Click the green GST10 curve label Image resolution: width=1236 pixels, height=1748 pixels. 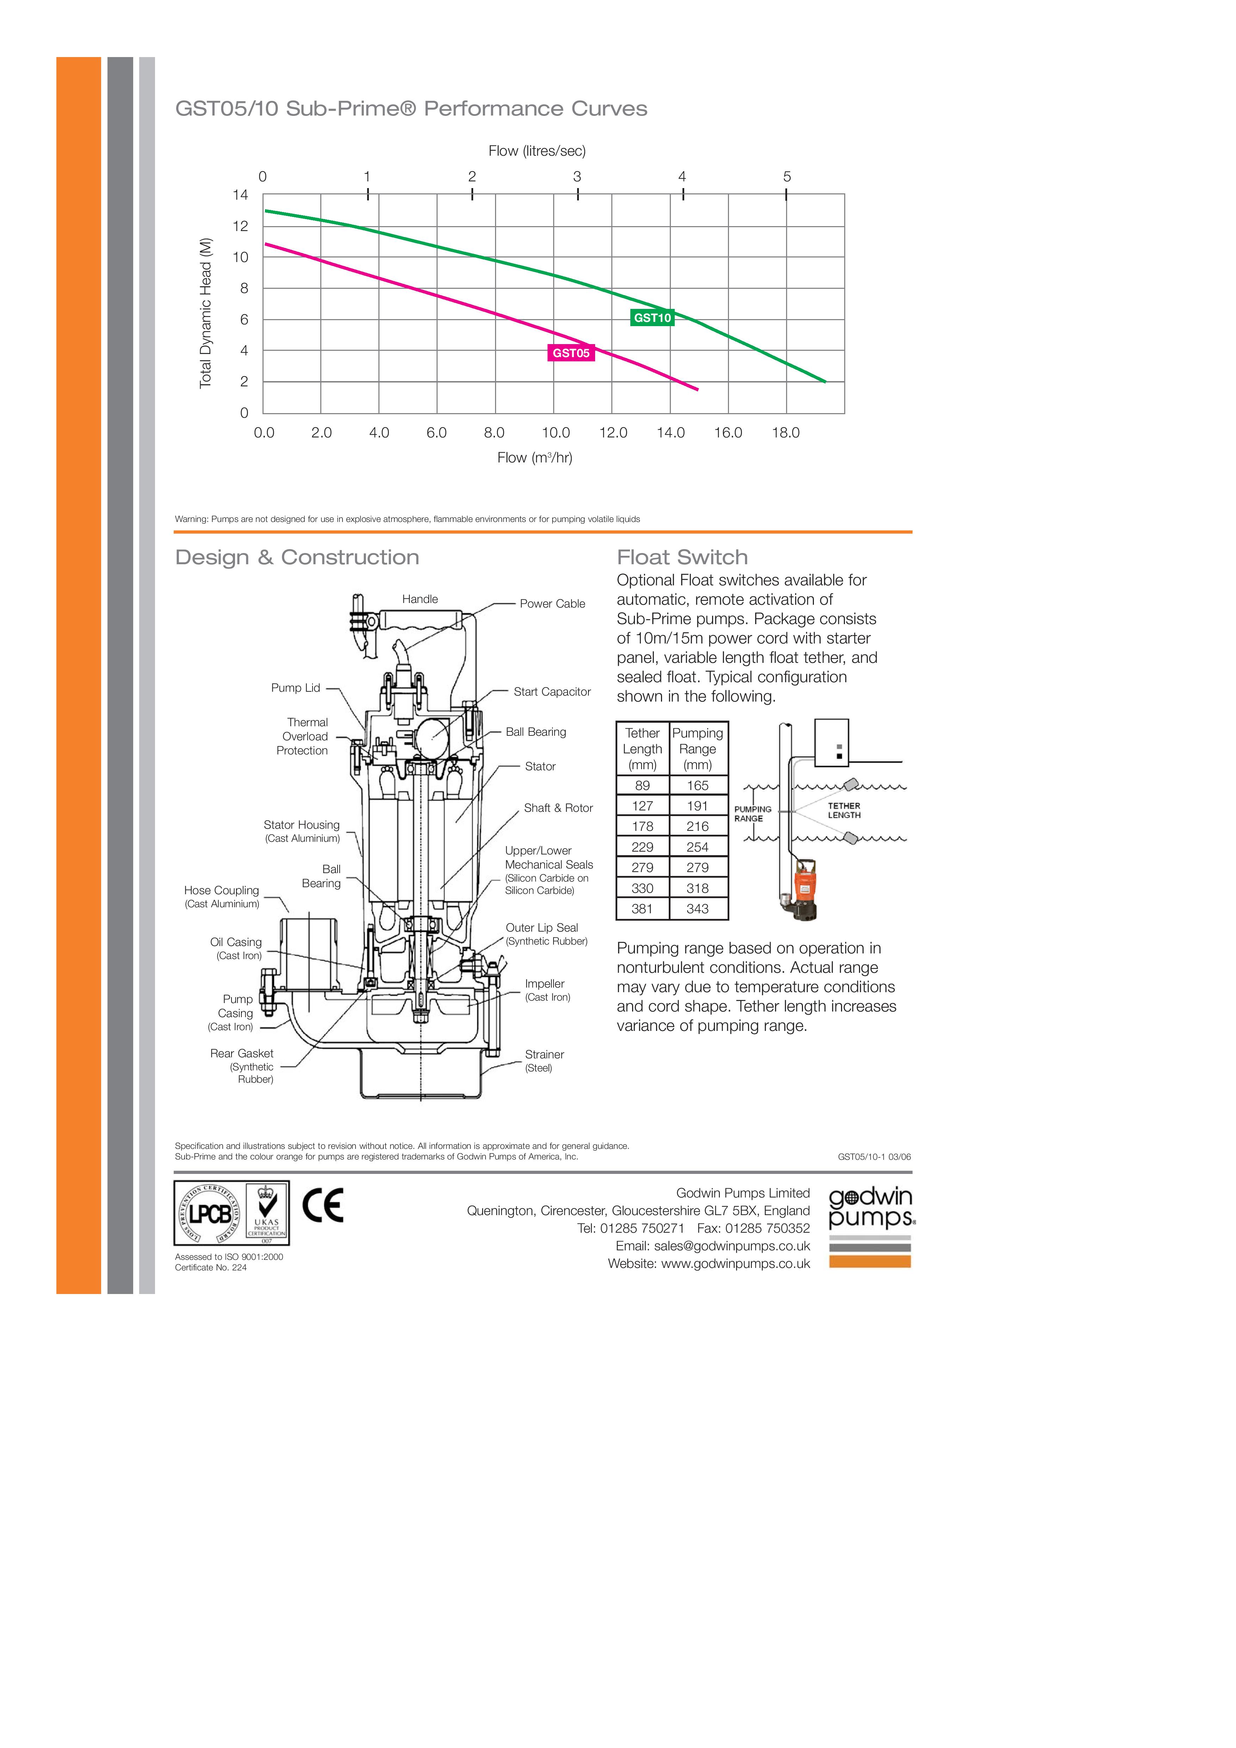pos(652,318)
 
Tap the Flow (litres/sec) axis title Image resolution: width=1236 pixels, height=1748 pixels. pos(537,151)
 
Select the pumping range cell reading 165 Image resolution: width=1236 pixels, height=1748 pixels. pos(698,786)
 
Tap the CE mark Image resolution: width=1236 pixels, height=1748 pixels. pos(323,1205)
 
